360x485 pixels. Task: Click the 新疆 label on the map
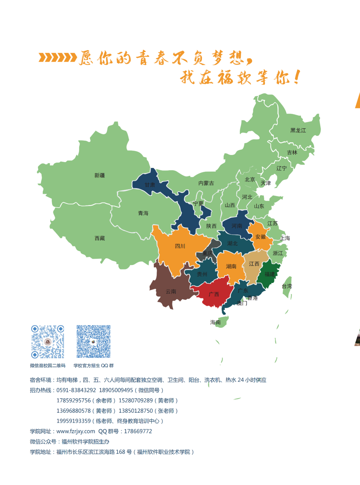(99, 175)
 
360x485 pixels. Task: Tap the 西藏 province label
(100, 238)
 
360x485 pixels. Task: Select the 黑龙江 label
(298, 130)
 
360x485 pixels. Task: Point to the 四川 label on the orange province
(180, 246)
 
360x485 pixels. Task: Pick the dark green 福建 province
(269, 274)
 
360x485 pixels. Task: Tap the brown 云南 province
(170, 292)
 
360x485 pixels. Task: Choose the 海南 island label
(215, 322)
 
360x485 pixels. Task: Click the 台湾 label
(287, 286)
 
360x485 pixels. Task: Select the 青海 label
(143, 213)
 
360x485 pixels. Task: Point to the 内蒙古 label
(206, 183)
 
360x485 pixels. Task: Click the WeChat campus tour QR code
(48, 342)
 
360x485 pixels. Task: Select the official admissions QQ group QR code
(93, 342)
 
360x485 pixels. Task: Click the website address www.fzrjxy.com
(76, 431)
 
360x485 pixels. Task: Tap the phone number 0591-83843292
(76, 390)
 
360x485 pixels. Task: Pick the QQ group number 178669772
(138, 431)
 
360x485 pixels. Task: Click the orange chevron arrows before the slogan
(57, 58)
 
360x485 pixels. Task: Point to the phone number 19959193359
(73, 421)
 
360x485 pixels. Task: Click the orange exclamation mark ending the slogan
(297, 77)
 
